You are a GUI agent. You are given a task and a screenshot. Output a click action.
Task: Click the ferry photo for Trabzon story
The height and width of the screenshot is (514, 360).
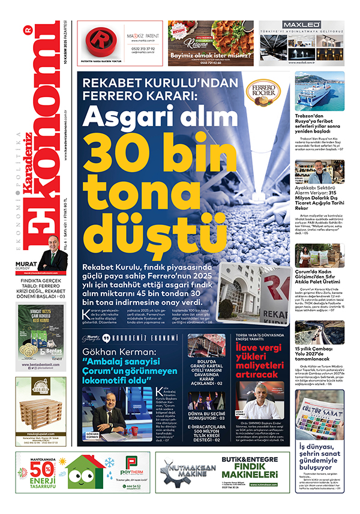[x=319, y=91]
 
